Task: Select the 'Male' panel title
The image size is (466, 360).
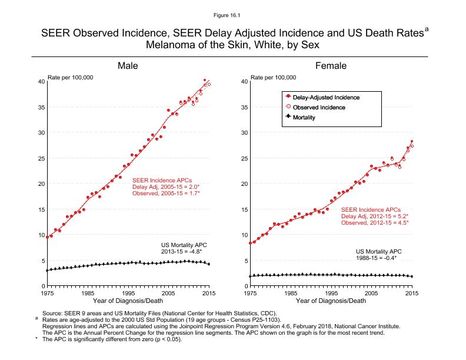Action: pyautogui.click(x=128, y=65)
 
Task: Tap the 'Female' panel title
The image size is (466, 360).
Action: pyautogui.click(x=331, y=65)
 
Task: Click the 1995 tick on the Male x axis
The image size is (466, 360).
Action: pyautogui.click(x=128, y=292)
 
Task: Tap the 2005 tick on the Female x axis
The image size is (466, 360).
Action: pyautogui.click(x=371, y=292)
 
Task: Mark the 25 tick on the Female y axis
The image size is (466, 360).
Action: pyautogui.click(x=243, y=158)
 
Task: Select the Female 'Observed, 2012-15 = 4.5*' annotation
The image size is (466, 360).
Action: pyautogui.click(x=375, y=222)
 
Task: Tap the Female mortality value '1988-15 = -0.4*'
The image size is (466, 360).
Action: pyautogui.click(x=376, y=258)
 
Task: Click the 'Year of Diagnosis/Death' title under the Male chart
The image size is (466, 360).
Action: pyautogui.click(x=128, y=301)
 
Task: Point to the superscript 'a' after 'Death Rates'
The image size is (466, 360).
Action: pyautogui.click(x=427, y=29)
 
